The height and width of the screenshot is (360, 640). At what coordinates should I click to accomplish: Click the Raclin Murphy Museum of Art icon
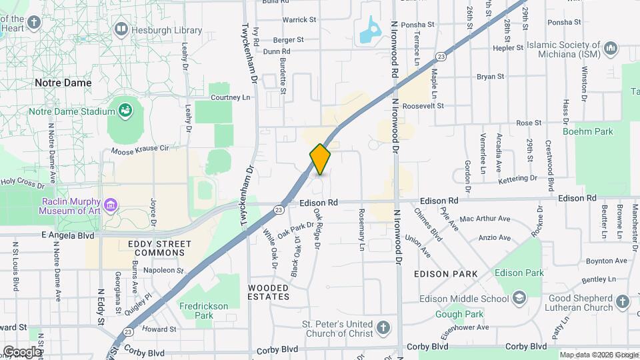(111, 203)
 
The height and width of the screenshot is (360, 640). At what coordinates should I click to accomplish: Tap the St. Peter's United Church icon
(382, 327)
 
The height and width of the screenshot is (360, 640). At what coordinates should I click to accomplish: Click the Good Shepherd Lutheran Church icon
(622, 303)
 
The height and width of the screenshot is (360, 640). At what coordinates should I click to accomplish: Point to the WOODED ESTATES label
(269, 291)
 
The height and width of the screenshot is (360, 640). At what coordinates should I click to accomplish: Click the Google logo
(22, 351)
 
